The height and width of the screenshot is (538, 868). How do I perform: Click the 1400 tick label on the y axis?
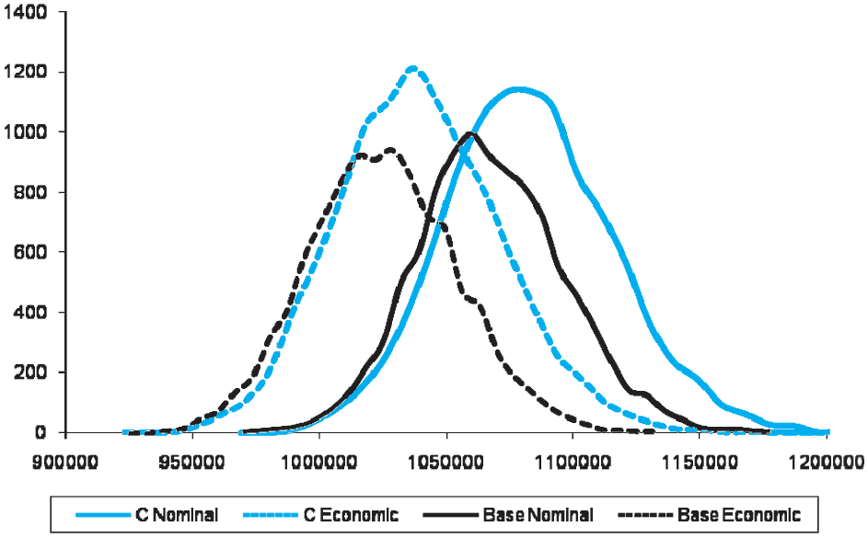coord(28,12)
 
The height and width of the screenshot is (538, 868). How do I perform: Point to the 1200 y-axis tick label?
coord(28,72)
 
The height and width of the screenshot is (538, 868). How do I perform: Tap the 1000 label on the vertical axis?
coord(28,132)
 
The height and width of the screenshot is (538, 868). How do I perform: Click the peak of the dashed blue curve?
coord(412,67)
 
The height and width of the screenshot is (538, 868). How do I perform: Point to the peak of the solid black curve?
coord(471,133)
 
